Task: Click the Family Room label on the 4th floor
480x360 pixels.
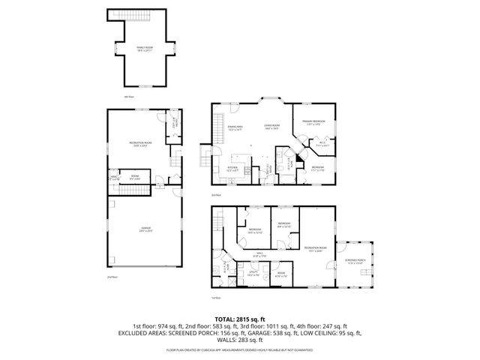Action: click(144, 49)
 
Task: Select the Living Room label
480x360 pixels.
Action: click(271, 127)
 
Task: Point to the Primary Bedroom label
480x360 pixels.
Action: click(313, 122)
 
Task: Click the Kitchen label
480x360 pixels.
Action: click(233, 169)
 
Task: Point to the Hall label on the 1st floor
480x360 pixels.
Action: click(259, 255)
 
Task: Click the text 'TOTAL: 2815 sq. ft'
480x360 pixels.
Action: click(239, 319)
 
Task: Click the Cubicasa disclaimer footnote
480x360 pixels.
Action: click(240, 349)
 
